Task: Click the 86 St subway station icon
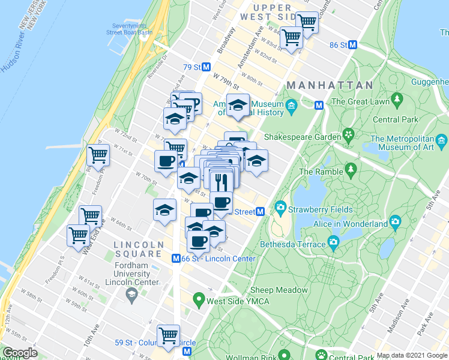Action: [353, 45]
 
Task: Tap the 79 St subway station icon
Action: [206, 67]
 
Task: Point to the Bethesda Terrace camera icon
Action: [334, 244]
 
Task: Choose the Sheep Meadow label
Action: [279, 290]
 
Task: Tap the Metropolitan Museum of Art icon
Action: [442, 142]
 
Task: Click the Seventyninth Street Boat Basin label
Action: [132, 29]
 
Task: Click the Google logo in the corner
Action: [20, 353]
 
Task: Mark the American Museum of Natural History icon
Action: [292, 107]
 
